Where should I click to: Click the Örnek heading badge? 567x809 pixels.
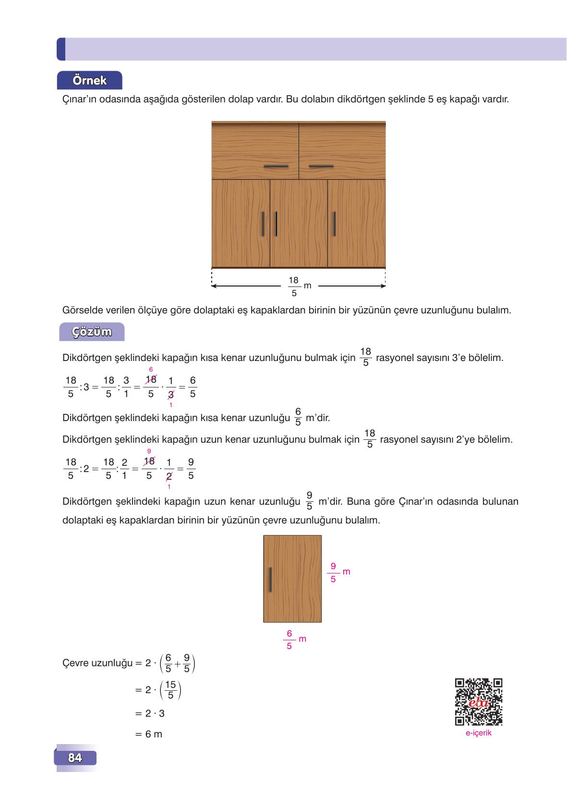[x=90, y=80]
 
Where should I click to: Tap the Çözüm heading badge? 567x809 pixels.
[x=92, y=332]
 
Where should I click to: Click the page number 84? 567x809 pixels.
[x=75, y=758]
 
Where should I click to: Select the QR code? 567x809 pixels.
[x=478, y=702]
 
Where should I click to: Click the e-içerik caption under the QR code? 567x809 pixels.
[x=478, y=733]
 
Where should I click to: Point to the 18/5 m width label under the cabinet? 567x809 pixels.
[x=298, y=286]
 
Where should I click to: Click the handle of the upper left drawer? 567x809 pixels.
[x=276, y=166]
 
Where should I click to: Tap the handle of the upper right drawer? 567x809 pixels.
[x=321, y=166]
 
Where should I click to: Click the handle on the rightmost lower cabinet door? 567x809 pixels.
[x=334, y=224]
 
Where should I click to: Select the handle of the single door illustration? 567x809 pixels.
[x=270, y=580]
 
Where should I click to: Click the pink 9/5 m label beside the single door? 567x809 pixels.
[x=338, y=572]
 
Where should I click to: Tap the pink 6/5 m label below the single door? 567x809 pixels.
[x=294, y=639]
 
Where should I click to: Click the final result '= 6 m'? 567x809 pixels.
[x=149, y=734]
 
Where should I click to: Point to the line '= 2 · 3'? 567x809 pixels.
[x=150, y=713]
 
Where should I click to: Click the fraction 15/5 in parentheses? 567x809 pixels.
[x=170, y=690]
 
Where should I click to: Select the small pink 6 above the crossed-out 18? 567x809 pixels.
[x=150, y=369]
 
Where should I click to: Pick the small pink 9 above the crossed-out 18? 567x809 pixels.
[x=149, y=451]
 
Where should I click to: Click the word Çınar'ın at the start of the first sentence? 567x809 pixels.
[x=79, y=100]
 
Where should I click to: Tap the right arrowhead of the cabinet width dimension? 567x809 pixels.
[x=383, y=286]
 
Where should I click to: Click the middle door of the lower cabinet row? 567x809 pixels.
[x=299, y=224]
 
